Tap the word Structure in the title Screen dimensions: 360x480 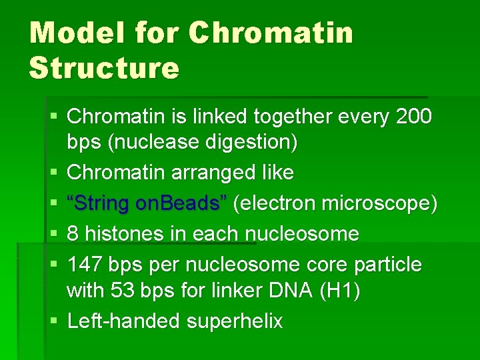click(104, 67)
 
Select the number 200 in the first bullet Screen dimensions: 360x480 click(413, 117)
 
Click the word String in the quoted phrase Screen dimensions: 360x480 click(99, 203)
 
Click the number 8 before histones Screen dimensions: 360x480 click(73, 234)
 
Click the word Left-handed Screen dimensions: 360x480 click(124, 321)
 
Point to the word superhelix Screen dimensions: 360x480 click(235, 321)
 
